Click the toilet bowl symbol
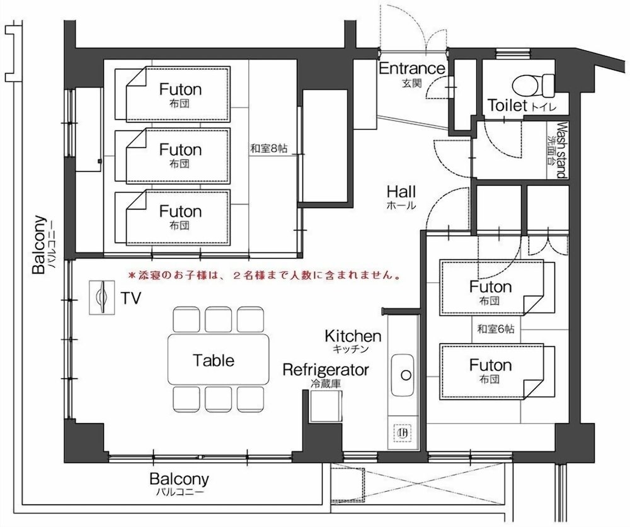coord(534,85)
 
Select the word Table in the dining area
coord(214,360)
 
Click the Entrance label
coord(412,69)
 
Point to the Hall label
coord(401,191)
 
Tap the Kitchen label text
coord(353,336)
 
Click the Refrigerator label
coord(326,370)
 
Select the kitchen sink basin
coord(403,375)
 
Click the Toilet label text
coord(507,105)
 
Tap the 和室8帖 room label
coord(269,148)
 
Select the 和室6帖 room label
coord(495,329)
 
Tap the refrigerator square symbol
coord(326,405)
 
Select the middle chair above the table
coord(218,320)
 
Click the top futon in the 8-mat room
coord(173,94)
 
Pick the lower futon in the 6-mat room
coord(497,371)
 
